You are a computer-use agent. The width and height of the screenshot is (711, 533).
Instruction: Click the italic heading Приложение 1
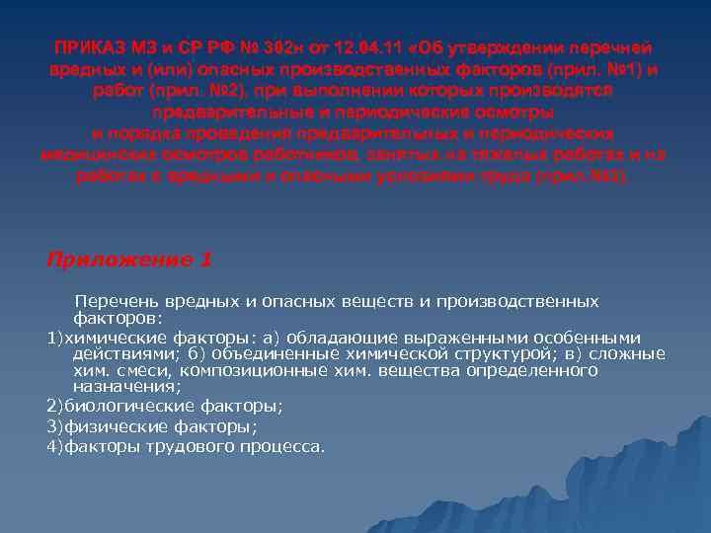tap(129, 260)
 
